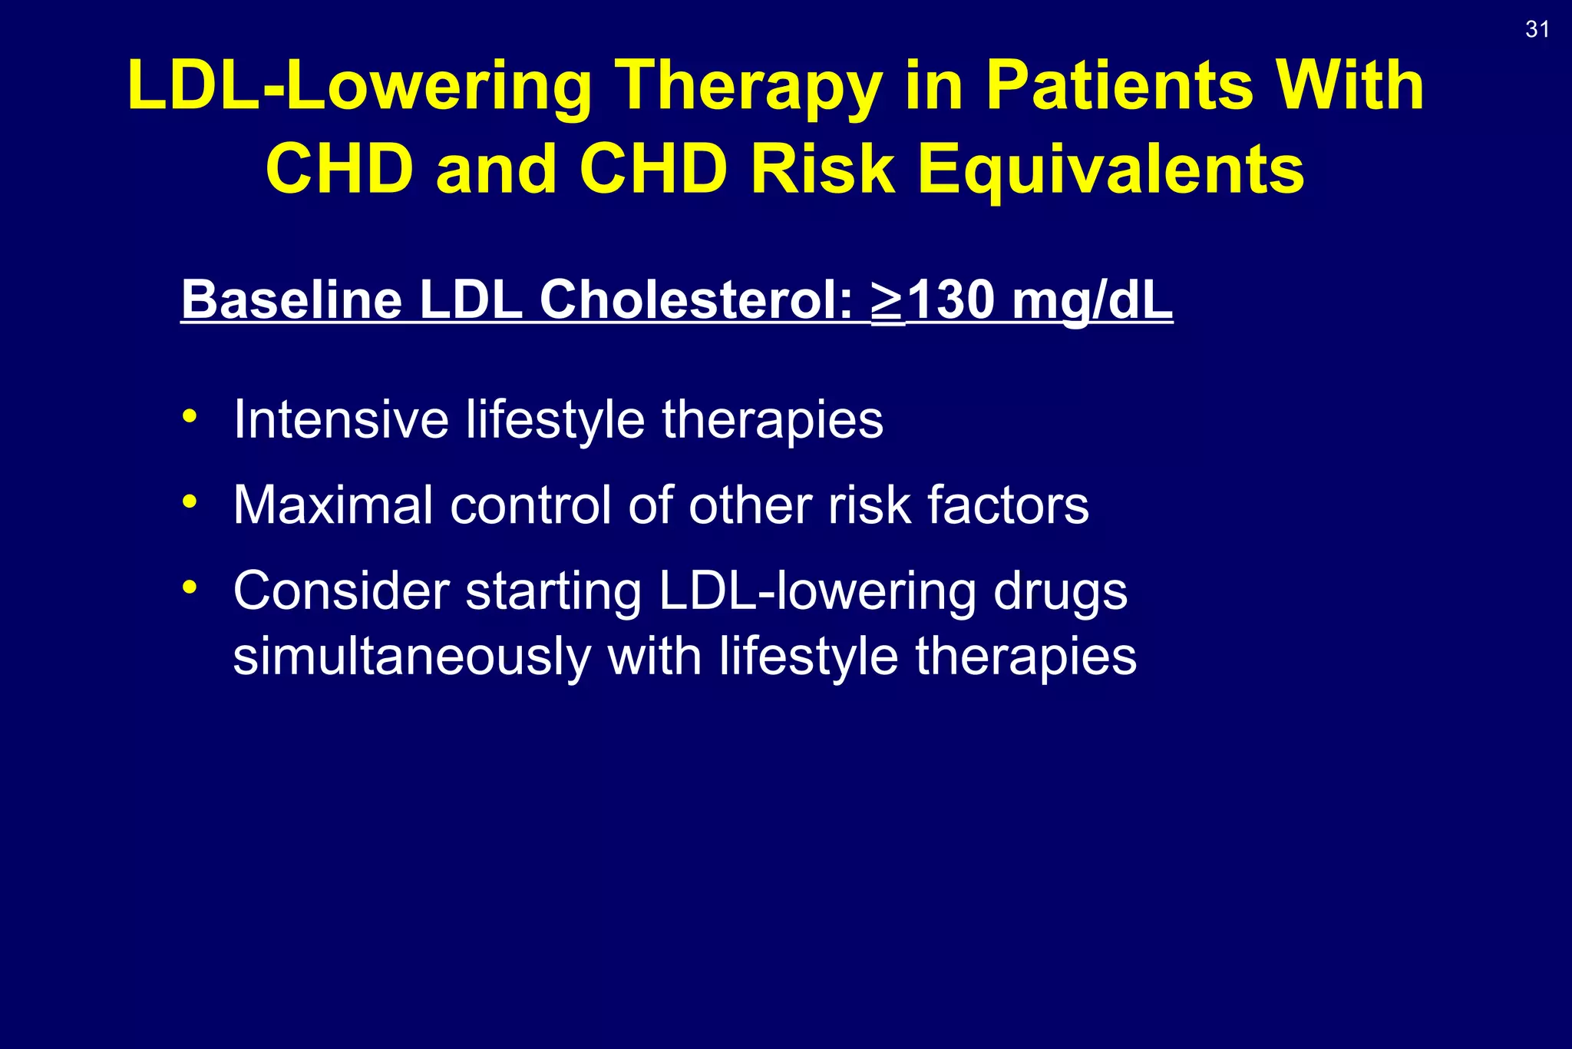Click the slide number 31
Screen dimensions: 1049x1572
coord(1537,30)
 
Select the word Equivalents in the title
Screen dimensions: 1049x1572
coord(1111,170)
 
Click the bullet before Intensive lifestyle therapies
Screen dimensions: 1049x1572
coord(190,418)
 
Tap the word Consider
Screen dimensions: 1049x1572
coord(341,591)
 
